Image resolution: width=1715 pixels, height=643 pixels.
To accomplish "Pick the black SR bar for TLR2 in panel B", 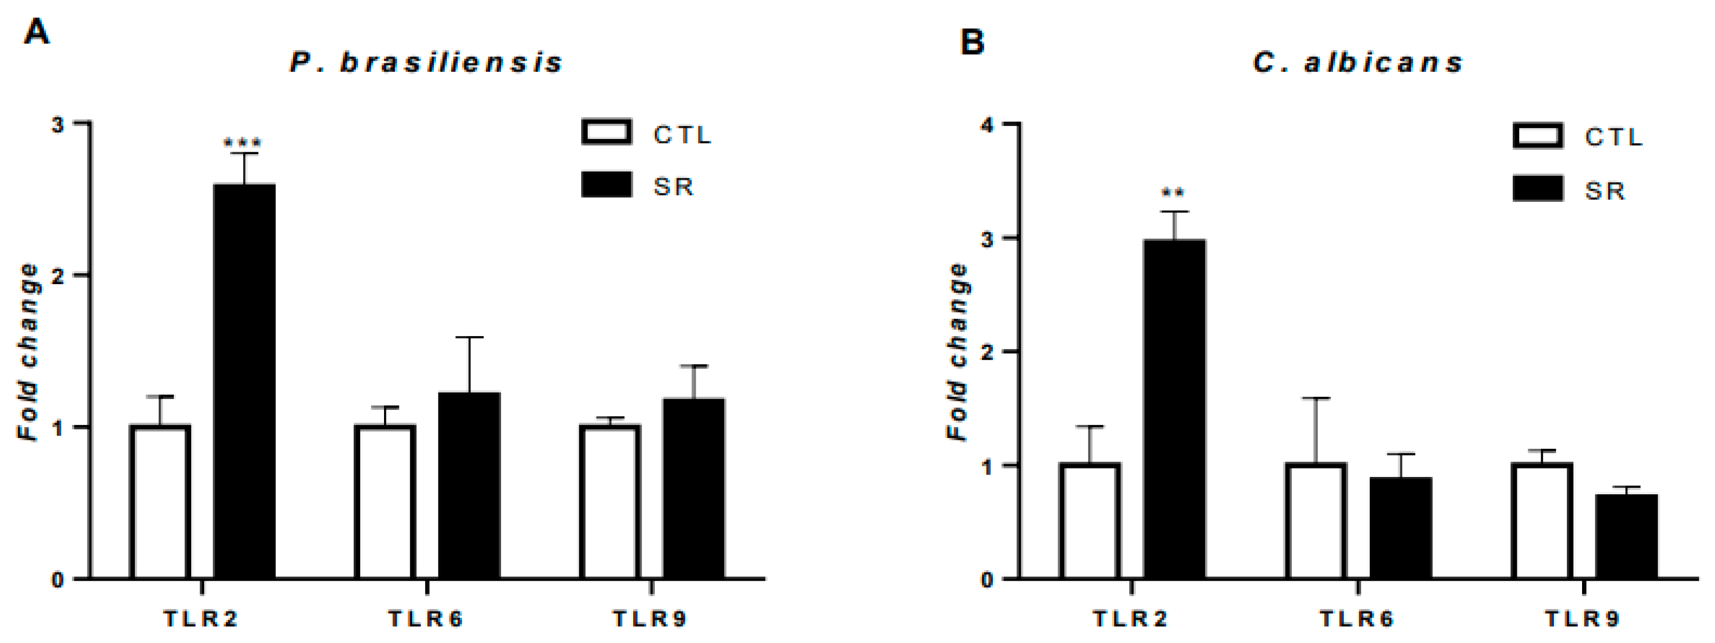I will coord(1174,409).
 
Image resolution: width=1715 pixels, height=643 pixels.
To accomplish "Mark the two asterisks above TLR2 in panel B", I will coord(1173,193).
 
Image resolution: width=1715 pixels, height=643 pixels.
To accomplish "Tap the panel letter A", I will coord(36,31).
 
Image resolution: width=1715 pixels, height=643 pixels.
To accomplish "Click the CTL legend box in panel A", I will coord(606,132).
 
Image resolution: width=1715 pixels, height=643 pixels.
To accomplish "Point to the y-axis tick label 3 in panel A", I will coord(59,125).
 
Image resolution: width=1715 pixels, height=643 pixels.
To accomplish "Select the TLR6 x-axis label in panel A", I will coord(426,620).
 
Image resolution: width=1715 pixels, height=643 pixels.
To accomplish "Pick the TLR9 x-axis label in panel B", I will coord(1582,620).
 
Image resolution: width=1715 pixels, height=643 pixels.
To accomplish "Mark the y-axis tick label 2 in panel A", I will coord(59,276).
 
